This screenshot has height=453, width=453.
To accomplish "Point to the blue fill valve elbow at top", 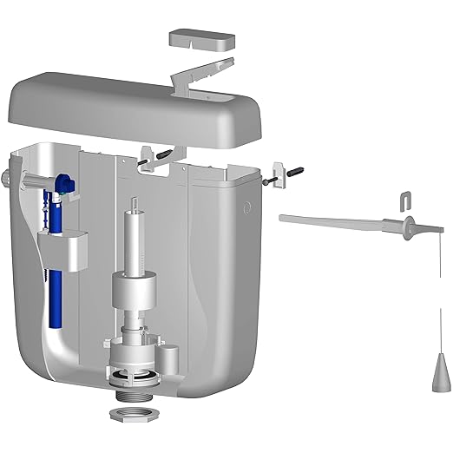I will click(63, 184).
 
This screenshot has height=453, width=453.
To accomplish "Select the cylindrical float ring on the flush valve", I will click(135, 289).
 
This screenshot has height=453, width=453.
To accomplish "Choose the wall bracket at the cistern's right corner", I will click(279, 170).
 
